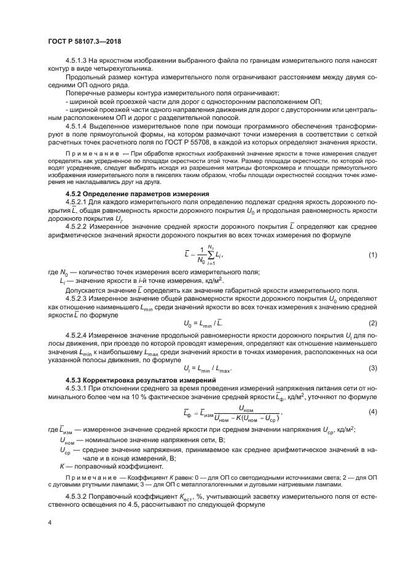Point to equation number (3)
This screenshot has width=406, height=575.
pyautogui.click(x=372, y=368)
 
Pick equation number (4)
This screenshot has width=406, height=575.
pyautogui.click(x=372, y=411)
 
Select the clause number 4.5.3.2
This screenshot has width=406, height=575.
pyautogui.click(x=78, y=493)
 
